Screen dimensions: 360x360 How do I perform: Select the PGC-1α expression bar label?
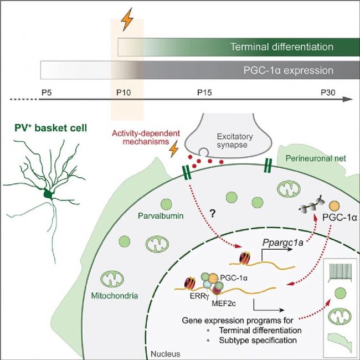(x=288, y=70)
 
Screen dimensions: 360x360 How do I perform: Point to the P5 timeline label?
(x=47, y=91)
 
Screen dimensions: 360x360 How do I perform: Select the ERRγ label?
(x=194, y=296)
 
